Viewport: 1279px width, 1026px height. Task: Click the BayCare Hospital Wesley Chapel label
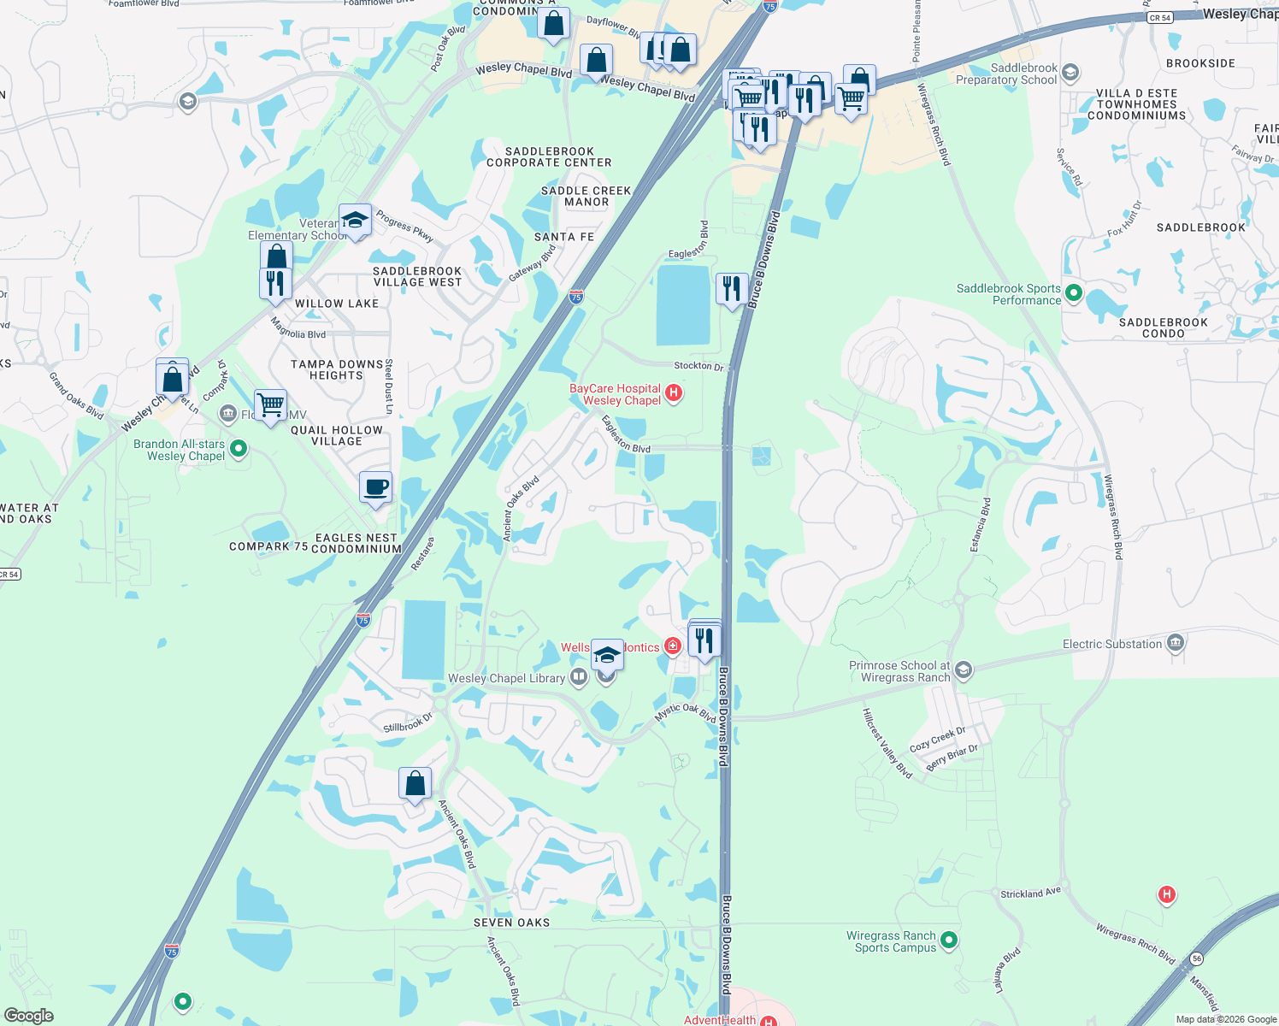tap(616, 394)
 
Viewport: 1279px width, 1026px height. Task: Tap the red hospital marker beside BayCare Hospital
tap(674, 393)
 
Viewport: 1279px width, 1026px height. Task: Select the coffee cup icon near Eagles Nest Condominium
tap(375, 488)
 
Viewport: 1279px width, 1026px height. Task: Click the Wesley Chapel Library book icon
tap(579, 678)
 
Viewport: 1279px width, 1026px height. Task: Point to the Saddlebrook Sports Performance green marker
tap(1074, 294)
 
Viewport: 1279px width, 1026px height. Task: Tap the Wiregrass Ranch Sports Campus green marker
tap(949, 941)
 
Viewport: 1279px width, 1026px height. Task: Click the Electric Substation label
tap(1112, 644)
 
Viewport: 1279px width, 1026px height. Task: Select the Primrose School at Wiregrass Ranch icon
tap(964, 670)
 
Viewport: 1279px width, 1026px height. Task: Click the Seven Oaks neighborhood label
tap(512, 923)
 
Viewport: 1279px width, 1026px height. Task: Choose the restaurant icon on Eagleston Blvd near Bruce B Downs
tap(731, 289)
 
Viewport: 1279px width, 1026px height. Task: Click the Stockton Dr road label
tap(698, 366)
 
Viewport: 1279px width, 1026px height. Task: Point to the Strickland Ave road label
tap(1030, 893)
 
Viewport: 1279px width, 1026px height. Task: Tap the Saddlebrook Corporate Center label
tap(549, 156)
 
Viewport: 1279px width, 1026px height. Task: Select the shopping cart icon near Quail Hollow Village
tap(270, 404)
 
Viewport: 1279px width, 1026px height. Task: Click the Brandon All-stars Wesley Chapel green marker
tap(239, 448)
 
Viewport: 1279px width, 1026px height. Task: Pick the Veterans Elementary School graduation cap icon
tap(355, 221)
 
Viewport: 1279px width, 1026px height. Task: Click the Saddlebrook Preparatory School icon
tap(1071, 74)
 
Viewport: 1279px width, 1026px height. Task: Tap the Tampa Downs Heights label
tap(337, 369)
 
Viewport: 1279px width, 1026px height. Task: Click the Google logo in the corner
tap(28, 1015)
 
